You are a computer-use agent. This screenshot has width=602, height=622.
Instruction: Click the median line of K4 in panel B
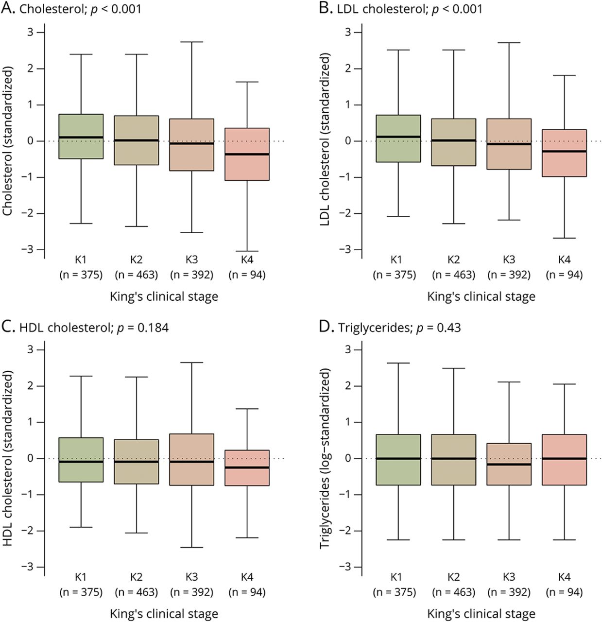[x=564, y=151]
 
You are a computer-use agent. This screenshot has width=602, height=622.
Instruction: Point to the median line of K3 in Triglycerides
[x=509, y=464]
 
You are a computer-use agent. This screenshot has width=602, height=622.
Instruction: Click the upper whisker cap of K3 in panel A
[x=191, y=42]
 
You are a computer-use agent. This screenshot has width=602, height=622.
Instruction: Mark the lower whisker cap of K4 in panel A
[x=247, y=251]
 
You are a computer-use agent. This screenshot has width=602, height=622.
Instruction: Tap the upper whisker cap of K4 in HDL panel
[x=247, y=409]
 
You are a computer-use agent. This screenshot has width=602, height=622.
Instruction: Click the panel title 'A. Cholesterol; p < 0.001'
[x=71, y=9]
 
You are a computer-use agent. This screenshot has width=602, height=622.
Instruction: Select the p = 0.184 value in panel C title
[x=143, y=328]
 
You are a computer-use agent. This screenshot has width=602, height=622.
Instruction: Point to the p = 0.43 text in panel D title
[x=438, y=328]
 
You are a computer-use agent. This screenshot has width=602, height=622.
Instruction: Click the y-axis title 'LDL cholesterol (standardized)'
[x=325, y=140]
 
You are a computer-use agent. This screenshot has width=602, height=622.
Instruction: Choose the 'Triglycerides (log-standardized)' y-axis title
[x=325, y=458]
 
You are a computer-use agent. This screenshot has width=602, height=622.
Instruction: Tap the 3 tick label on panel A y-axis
[x=30, y=32]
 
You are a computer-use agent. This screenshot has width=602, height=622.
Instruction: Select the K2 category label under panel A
[x=136, y=259]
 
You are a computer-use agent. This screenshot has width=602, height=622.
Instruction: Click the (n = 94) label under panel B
[x=564, y=275]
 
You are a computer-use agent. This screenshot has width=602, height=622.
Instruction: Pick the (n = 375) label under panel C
[x=81, y=592]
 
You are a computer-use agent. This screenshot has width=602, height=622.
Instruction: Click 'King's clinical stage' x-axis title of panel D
[x=481, y=614]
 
